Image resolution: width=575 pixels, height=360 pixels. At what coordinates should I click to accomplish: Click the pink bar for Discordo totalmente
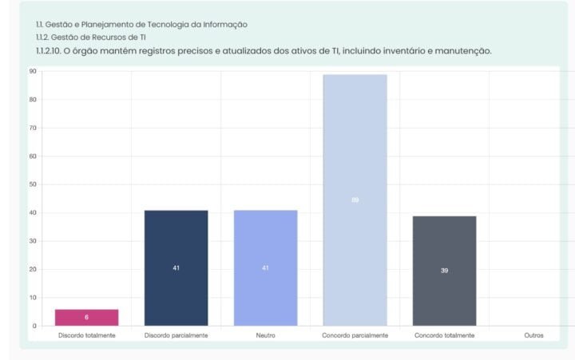pyautogui.click(x=86, y=317)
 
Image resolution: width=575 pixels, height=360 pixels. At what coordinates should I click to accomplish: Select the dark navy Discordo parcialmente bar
pyautogui.click(x=176, y=267)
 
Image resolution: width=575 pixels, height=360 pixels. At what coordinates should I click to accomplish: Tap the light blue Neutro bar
pyautogui.click(x=265, y=267)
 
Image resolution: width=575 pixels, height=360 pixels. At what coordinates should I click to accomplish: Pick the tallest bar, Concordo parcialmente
pyautogui.click(x=355, y=200)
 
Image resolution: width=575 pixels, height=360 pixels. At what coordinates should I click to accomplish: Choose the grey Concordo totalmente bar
pyautogui.click(x=444, y=270)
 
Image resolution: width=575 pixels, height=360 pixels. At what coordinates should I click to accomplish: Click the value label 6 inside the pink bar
pyautogui.click(x=86, y=318)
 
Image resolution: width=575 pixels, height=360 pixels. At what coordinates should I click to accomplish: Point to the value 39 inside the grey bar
pyautogui.click(x=444, y=271)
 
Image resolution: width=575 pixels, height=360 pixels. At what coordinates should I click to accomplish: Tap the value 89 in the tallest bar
pyautogui.click(x=355, y=200)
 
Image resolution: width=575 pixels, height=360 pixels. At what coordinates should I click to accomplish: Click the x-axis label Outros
pyautogui.click(x=533, y=336)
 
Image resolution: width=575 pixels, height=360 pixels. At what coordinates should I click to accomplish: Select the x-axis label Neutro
pyautogui.click(x=265, y=336)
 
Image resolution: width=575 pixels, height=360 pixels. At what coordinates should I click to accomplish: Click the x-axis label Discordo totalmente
pyautogui.click(x=86, y=336)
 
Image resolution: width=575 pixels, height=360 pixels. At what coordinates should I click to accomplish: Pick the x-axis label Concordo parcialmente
pyautogui.click(x=355, y=336)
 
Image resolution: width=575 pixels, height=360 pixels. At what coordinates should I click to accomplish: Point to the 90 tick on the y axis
pyautogui.click(x=33, y=72)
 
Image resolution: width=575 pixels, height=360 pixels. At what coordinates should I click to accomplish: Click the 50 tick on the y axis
pyautogui.click(x=33, y=184)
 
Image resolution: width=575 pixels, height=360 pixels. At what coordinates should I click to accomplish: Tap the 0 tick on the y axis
pyautogui.click(x=34, y=326)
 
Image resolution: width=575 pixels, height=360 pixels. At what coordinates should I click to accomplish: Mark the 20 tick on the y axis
pyautogui.click(x=33, y=269)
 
